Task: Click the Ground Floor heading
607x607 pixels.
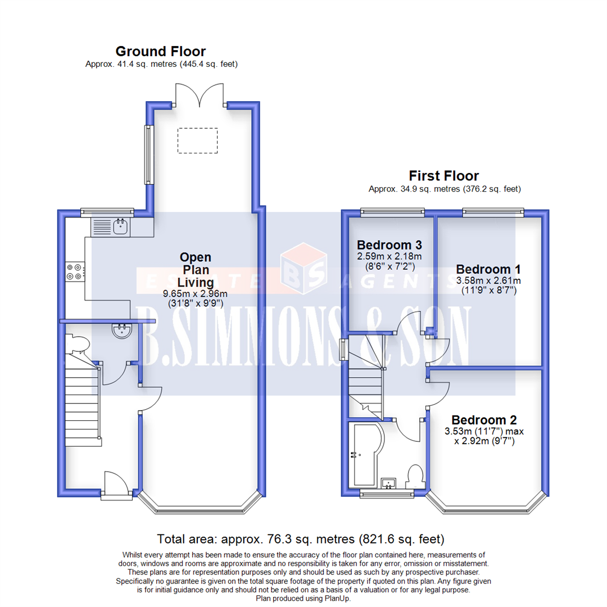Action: pos(161,52)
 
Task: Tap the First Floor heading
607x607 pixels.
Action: pos(443,175)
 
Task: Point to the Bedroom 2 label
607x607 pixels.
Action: pos(484,420)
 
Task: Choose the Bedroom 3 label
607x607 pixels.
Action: pos(389,245)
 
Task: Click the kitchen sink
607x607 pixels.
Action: pos(121,227)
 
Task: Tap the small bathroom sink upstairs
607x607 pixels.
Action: pos(388,483)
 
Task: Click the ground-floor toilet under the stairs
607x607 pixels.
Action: pos(75,343)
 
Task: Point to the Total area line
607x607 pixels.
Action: pos(301,539)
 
